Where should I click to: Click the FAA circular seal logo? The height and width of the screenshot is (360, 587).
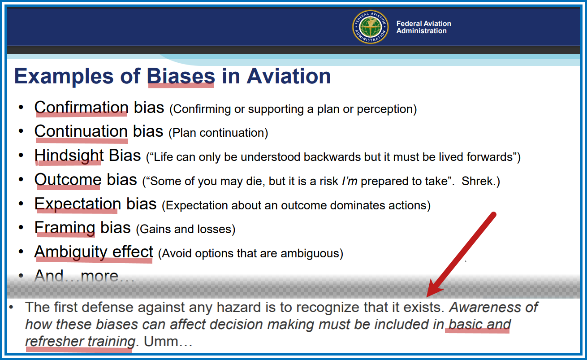(370, 27)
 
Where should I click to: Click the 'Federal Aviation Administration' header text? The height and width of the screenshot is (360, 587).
(423, 27)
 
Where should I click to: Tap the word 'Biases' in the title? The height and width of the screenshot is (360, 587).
(181, 76)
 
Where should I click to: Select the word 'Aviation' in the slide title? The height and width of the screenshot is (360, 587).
(289, 76)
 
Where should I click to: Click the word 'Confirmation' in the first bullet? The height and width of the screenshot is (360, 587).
(81, 107)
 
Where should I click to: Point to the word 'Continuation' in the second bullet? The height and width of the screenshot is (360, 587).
(81, 131)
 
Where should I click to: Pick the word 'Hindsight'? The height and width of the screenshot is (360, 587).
(69, 156)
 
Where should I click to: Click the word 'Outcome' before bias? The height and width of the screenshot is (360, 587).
(68, 180)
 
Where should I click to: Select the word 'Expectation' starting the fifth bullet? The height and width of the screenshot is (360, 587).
(78, 204)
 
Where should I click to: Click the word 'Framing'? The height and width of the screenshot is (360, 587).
(65, 228)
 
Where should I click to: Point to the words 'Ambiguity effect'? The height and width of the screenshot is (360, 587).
(94, 252)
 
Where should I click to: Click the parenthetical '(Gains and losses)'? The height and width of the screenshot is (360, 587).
(186, 229)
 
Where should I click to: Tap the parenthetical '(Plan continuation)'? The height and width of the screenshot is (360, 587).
(218, 133)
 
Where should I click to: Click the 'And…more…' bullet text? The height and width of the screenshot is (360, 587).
(84, 276)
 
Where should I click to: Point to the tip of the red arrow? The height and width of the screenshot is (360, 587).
(427, 296)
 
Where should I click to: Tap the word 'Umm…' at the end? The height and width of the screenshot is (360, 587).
(168, 341)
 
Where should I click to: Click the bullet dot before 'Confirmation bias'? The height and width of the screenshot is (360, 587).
(21, 107)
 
